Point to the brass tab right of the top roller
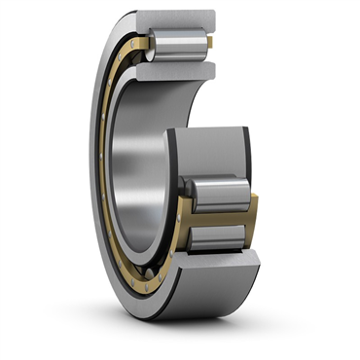[x=206, y=44]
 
